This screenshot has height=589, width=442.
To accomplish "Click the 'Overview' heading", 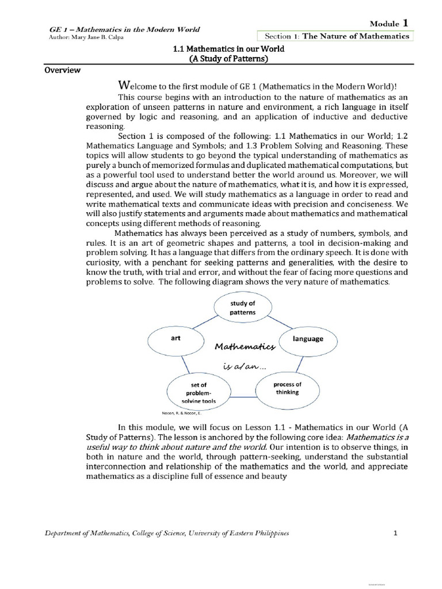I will click(63, 71).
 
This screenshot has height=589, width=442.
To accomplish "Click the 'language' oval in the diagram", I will click(308, 339).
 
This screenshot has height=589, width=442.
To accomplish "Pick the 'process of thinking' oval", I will click(287, 388).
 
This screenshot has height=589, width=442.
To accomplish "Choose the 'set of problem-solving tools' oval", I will click(198, 392).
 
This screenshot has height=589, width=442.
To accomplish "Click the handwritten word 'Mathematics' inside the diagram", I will click(245, 347).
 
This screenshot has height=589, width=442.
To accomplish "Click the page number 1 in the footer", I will click(395, 533).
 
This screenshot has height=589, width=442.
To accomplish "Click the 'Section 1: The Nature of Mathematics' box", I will click(336, 36).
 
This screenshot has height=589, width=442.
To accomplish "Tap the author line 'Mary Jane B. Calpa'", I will click(89, 37).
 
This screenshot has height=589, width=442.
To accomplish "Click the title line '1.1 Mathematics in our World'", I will click(229, 49).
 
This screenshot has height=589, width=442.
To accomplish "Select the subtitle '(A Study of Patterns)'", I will click(229, 59).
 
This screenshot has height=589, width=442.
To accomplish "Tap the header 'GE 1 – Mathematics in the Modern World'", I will click(122, 29).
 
